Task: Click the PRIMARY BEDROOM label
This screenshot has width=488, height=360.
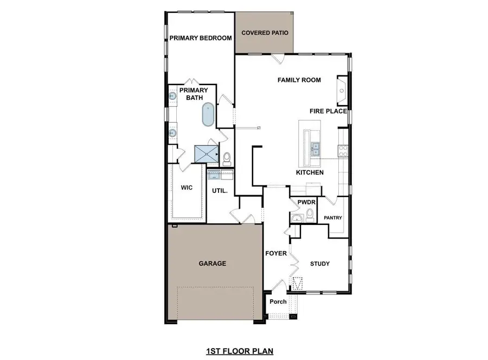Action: [x=201, y=38]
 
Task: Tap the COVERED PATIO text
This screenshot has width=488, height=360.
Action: [x=265, y=33]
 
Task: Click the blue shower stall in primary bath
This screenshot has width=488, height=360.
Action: [x=206, y=154]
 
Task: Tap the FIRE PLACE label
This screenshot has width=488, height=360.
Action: [x=328, y=111]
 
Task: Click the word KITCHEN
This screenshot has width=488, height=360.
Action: [x=310, y=172]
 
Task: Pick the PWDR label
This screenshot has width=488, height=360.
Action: [x=303, y=203]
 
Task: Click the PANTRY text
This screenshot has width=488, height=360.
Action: [x=332, y=218]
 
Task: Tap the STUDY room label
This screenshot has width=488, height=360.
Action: [x=320, y=264]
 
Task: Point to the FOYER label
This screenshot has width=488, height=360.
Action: [x=275, y=254]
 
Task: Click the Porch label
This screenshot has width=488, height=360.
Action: [x=278, y=302]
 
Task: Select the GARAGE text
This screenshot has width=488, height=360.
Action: [x=212, y=263]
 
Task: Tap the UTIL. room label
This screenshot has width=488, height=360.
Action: [x=219, y=191]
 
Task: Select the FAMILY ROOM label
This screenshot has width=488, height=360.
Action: [x=299, y=80]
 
